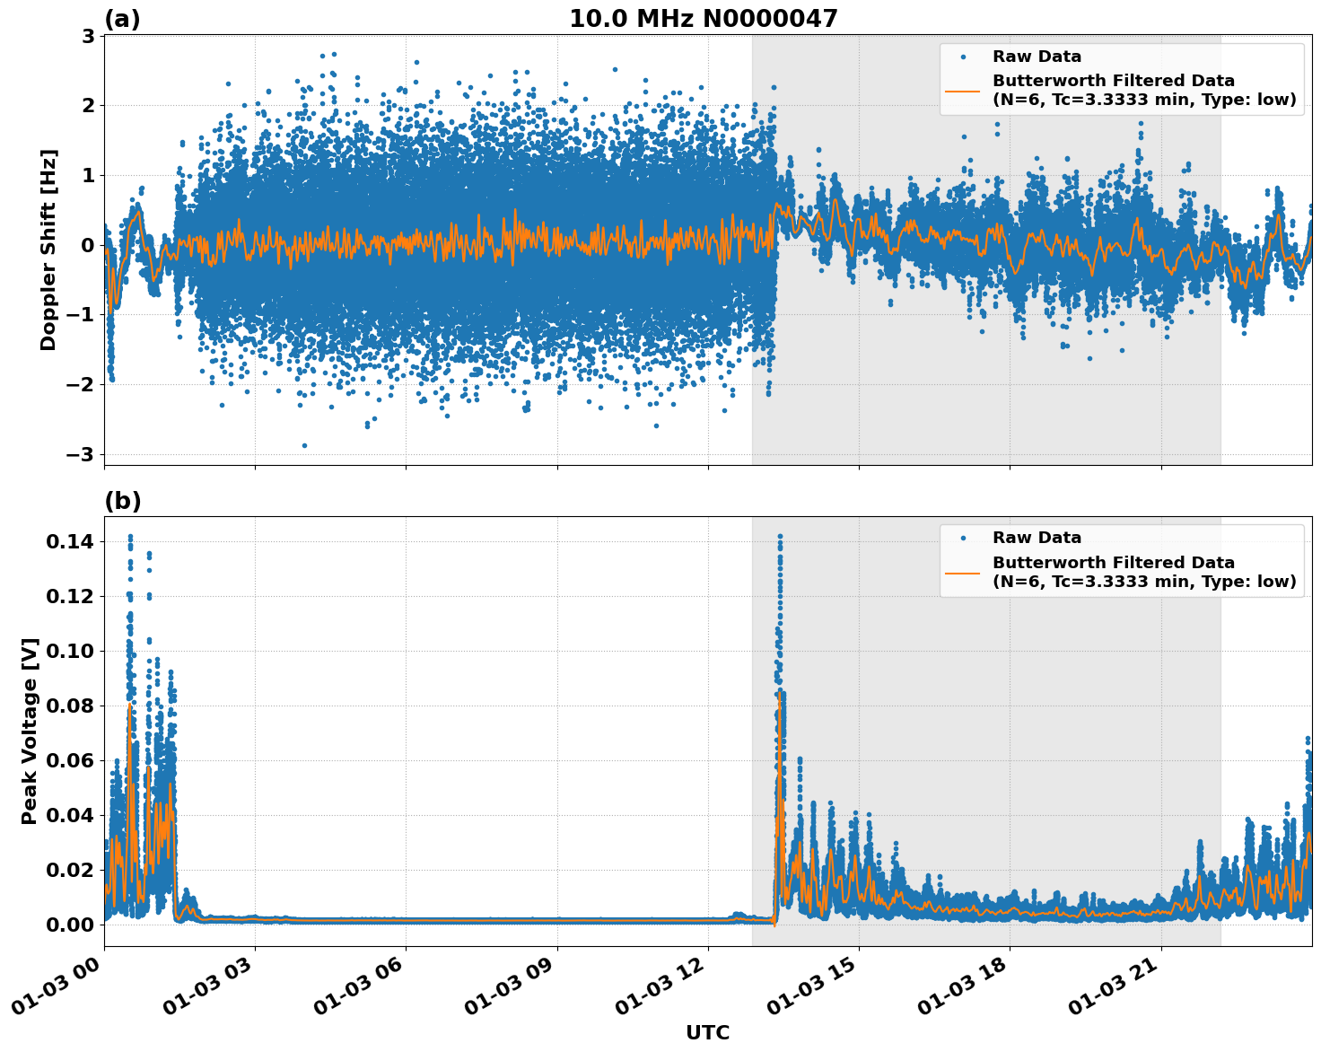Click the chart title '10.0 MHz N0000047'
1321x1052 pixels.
(703, 19)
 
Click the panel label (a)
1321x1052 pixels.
(122, 19)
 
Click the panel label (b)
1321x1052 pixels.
(123, 501)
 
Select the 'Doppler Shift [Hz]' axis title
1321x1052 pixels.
(48, 250)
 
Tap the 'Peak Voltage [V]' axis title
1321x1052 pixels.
(30, 731)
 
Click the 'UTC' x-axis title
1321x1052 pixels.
(707, 1032)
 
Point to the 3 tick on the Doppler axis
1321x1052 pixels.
(88, 36)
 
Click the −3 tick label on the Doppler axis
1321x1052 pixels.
(81, 454)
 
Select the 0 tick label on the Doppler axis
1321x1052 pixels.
(88, 245)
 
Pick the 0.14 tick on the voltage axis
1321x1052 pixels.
(70, 541)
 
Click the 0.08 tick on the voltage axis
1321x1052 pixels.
(70, 706)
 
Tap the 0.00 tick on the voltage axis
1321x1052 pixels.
(70, 925)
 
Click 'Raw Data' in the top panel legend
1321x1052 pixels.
(1037, 57)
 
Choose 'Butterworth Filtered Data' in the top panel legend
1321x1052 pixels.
(1113, 81)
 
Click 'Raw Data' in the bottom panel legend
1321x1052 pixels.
(1037, 538)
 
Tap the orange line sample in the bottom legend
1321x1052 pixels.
(963, 572)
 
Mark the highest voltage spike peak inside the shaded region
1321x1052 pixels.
(780, 537)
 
